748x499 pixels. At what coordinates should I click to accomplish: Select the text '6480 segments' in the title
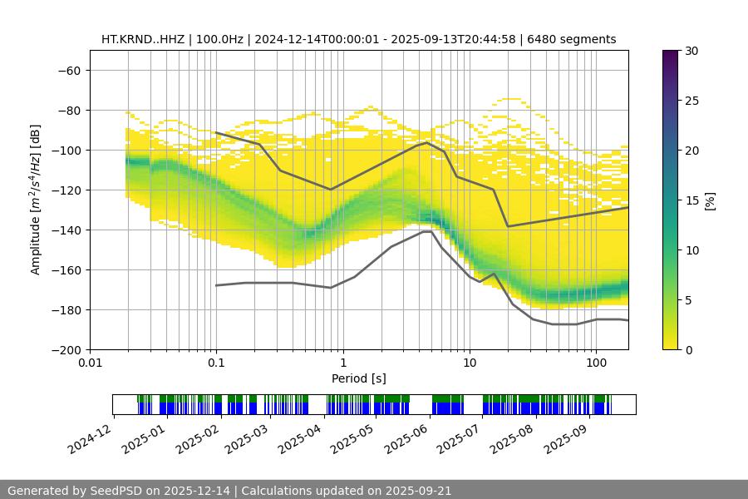577,39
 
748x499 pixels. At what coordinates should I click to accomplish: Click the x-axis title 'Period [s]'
359,378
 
